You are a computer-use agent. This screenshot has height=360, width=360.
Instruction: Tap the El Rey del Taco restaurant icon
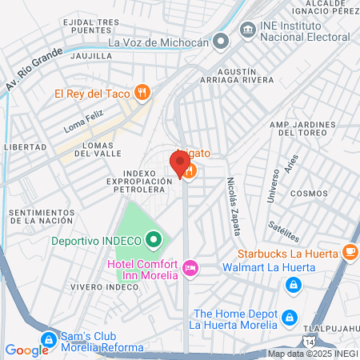142,91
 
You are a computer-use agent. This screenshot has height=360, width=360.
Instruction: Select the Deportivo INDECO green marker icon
153,239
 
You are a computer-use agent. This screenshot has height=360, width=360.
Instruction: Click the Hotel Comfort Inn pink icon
190,267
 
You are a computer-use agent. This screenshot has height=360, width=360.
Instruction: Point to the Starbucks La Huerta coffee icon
350,253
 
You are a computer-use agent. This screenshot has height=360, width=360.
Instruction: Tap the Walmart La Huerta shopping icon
294,283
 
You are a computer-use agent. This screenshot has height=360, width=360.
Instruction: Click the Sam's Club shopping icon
49,339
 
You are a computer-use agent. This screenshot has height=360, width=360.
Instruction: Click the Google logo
26,350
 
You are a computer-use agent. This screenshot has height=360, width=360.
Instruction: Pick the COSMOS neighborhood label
309,194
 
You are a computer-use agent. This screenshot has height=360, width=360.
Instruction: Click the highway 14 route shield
310,330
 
